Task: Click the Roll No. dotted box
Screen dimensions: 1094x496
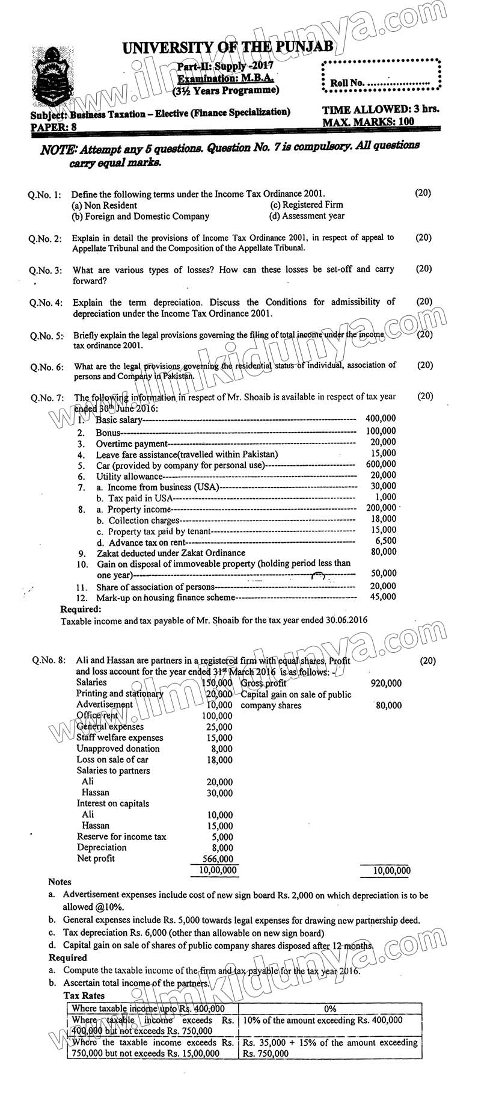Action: tap(381, 76)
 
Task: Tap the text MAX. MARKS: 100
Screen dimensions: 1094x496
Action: tap(368, 122)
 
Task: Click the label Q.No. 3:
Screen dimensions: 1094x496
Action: tap(46, 271)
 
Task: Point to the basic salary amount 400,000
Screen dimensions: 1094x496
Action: tap(381, 418)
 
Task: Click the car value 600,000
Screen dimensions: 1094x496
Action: tap(381, 464)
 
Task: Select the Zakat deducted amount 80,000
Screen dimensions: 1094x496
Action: tap(384, 552)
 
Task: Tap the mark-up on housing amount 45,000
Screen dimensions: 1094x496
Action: tap(384, 596)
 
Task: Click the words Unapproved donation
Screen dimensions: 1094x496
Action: tap(118, 749)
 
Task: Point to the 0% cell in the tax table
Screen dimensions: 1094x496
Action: tap(329, 1009)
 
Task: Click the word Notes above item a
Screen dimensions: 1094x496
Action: tap(60, 882)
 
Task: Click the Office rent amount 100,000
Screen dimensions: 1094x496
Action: tap(216, 715)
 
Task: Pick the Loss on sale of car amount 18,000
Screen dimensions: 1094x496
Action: tap(219, 760)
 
